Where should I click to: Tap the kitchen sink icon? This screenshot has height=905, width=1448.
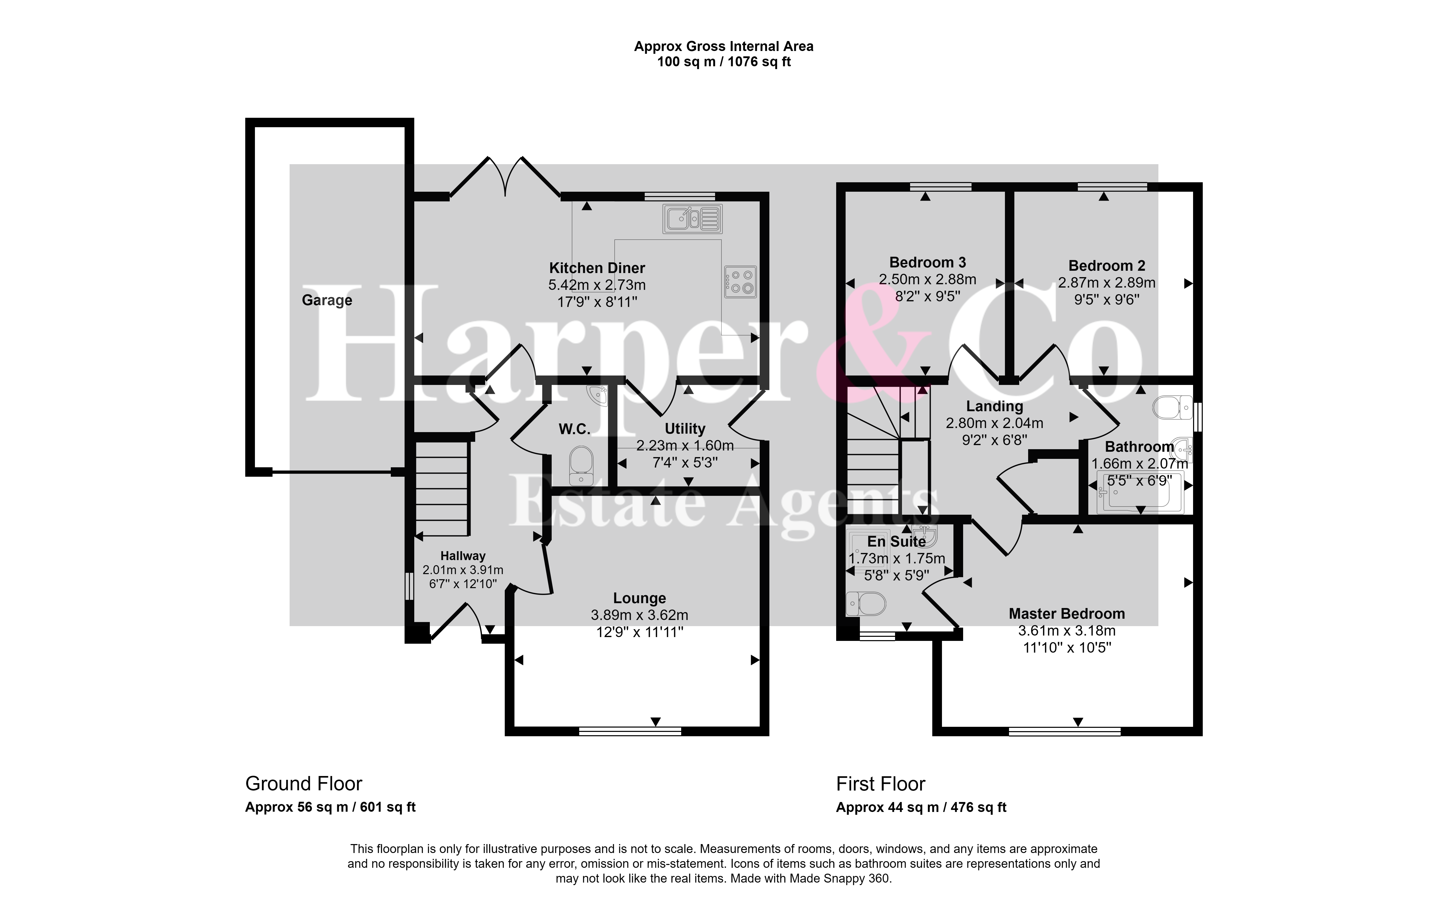coord(692,218)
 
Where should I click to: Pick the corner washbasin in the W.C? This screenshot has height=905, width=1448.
coord(597,396)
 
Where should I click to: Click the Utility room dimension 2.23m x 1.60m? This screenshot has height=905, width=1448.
coord(685,445)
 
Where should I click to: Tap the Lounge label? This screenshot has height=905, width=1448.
coord(640,598)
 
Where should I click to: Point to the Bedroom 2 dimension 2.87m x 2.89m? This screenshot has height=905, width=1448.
coord(1107,282)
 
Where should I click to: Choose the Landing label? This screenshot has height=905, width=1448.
coord(994,406)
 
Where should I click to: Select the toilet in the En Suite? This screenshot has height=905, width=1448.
coord(866,604)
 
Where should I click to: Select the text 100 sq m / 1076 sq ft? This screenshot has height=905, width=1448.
coord(724,62)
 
